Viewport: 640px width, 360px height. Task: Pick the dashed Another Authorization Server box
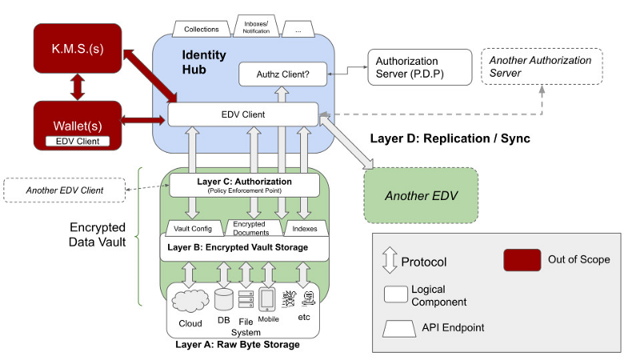click(540, 67)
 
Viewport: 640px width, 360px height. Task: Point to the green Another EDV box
click(420, 195)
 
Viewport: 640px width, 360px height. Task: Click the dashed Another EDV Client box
click(64, 190)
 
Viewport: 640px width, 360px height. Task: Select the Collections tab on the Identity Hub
click(202, 30)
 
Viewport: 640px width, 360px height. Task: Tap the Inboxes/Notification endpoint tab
click(256, 26)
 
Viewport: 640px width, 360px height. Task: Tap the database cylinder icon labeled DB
click(223, 302)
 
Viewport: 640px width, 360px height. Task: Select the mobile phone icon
click(267, 300)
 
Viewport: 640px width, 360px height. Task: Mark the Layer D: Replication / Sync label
click(450, 138)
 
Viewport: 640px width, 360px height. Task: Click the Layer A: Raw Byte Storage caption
click(238, 345)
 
